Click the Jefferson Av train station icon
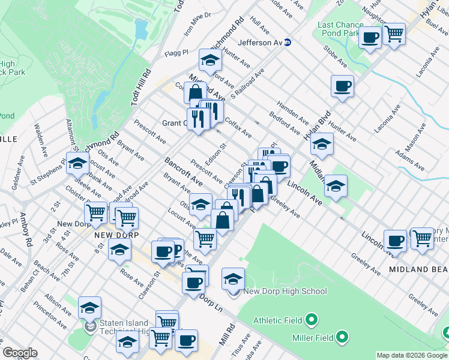point(288,43)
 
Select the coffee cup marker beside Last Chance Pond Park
point(370,37)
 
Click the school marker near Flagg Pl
point(210,60)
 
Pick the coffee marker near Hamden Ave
point(342,86)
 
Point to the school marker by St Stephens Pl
point(77,163)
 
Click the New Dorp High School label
point(285,292)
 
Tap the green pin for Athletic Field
point(311,320)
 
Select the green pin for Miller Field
point(342,338)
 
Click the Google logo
point(20,353)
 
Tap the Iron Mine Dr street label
point(198,24)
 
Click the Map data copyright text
point(412,355)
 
